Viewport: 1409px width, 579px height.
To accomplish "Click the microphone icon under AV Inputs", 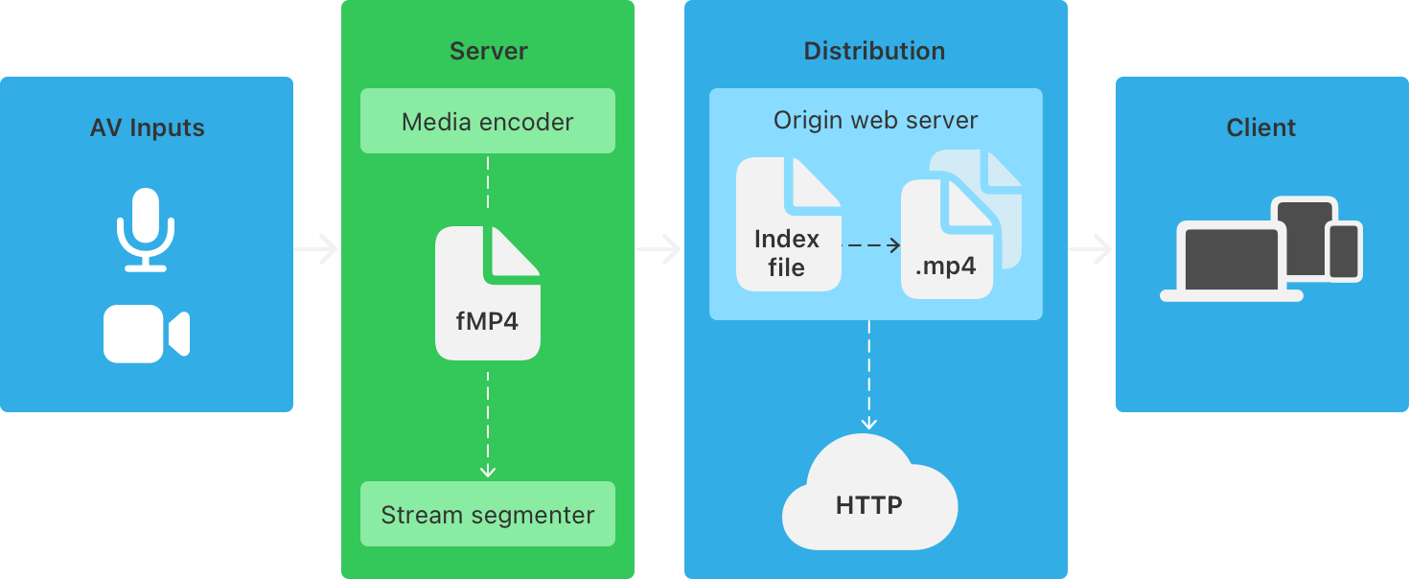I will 146,229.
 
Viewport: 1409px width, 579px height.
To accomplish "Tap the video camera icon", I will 147,335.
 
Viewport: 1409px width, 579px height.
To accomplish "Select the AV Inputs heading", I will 148,127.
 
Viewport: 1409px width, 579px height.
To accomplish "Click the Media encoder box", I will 487,122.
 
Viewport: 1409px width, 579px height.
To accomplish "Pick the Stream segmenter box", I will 487,515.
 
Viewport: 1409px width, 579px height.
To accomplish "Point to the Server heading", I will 488,51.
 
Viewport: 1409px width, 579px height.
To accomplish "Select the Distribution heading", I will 874,51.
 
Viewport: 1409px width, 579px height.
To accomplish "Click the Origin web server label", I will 875,121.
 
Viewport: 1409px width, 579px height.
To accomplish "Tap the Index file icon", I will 788,226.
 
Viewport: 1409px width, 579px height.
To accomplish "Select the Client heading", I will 1260,127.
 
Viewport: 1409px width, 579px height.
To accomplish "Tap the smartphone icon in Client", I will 1344,250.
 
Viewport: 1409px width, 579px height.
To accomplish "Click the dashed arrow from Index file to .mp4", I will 871,245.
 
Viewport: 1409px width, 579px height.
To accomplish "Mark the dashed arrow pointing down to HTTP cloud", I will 869,375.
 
